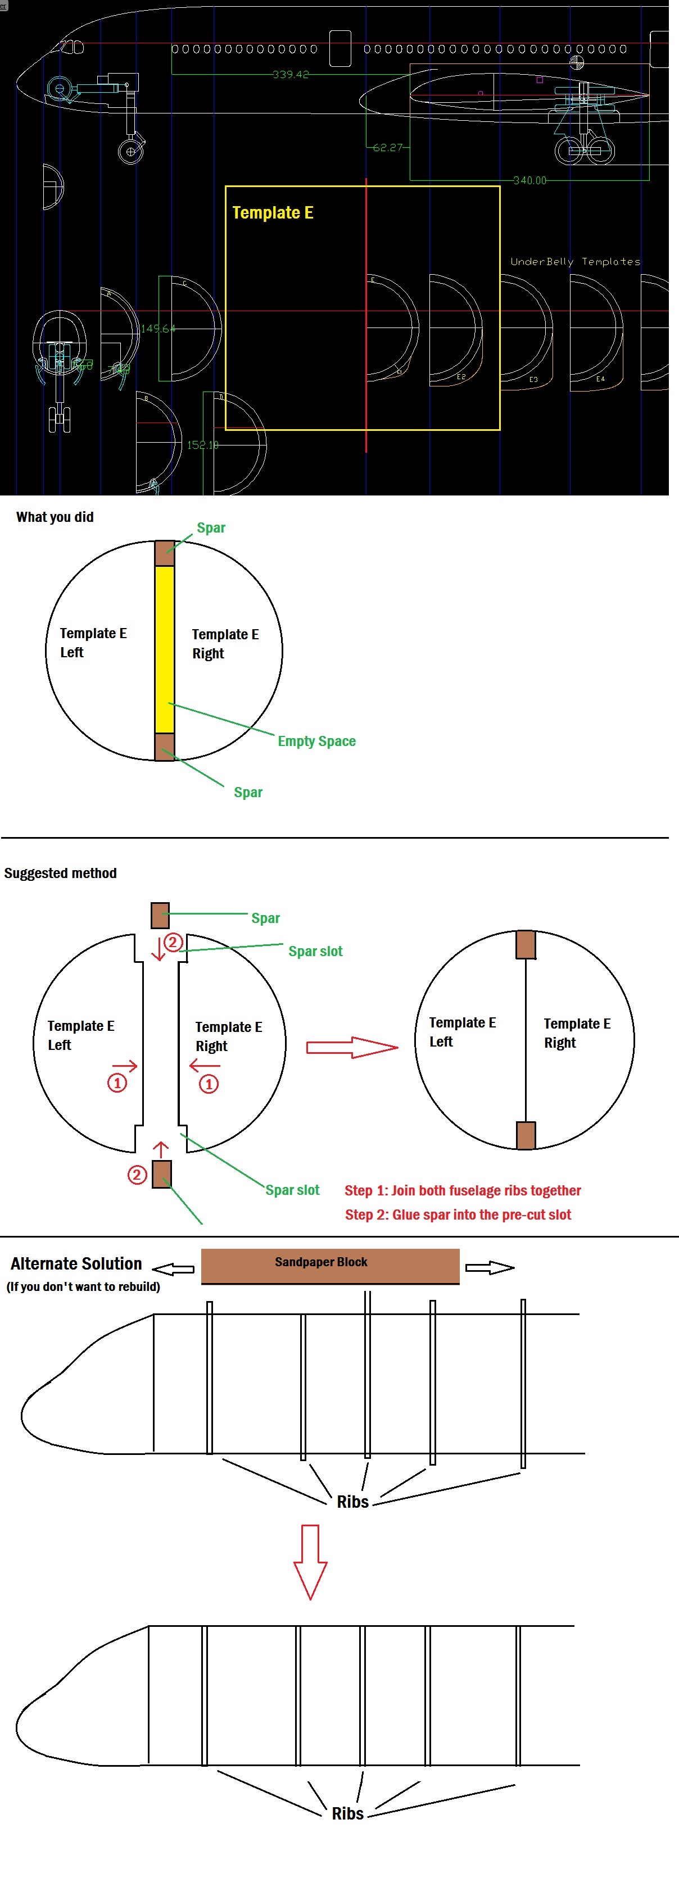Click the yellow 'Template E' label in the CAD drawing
point(273,213)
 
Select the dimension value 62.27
point(387,148)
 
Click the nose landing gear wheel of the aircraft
point(131,152)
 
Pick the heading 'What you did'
point(55,517)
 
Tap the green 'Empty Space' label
point(316,741)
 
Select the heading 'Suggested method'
point(60,874)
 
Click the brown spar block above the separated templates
point(160,915)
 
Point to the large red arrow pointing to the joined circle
point(351,1047)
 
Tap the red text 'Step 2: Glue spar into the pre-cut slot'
point(458,1215)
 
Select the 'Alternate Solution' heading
point(76,1264)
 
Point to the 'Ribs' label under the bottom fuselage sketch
point(347,1813)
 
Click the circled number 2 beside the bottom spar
point(137,1175)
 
